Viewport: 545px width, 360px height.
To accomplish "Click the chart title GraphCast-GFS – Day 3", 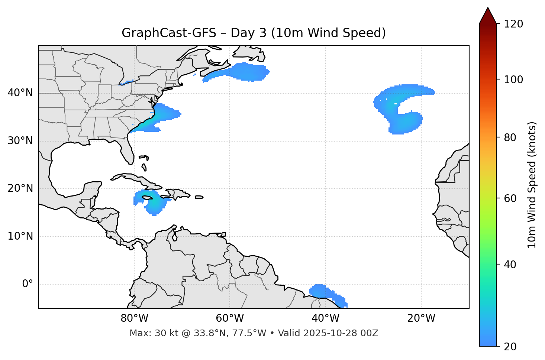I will coord(254,33).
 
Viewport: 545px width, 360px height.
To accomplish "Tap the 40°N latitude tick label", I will coord(20,93).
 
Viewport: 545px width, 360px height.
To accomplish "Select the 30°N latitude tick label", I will coord(20,141).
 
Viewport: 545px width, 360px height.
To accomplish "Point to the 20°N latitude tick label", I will coord(20,188).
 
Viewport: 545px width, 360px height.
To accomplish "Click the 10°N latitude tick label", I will coord(20,236).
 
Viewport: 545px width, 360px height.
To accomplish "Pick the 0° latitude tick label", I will coord(28,284).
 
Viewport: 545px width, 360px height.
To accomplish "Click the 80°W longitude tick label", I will coord(134,318).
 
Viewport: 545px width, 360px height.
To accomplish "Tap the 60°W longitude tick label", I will coord(230,318).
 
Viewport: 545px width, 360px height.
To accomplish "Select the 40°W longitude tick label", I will coord(325,318).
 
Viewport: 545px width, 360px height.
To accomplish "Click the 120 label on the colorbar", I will coord(513,24).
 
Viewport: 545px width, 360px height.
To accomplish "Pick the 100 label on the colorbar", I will coord(513,80).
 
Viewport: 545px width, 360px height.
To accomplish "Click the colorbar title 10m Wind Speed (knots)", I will coord(532,185).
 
